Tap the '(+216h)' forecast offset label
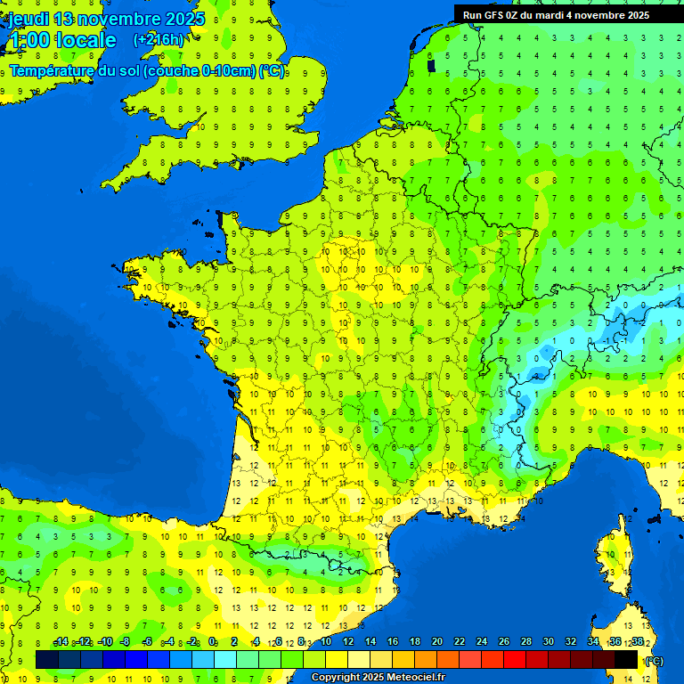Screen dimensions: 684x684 click(x=159, y=39)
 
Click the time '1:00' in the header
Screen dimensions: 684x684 click(x=28, y=40)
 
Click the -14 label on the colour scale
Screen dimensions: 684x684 click(x=61, y=642)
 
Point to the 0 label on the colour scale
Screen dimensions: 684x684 click(x=213, y=642)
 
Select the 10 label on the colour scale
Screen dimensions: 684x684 click(x=326, y=642)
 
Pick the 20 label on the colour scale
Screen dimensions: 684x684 click(x=437, y=642)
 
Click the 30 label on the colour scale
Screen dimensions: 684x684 click(x=549, y=642)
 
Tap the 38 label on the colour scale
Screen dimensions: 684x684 click(x=637, y=642)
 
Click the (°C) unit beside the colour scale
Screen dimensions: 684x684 click(x=654, y=661)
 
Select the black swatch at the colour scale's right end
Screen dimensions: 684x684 click(x=626, y=659)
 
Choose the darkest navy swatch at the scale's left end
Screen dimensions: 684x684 click(x=47, y=659)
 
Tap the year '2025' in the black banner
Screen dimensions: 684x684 click(x=636, y=14)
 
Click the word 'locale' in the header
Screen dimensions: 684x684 click(x=86, y=40)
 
